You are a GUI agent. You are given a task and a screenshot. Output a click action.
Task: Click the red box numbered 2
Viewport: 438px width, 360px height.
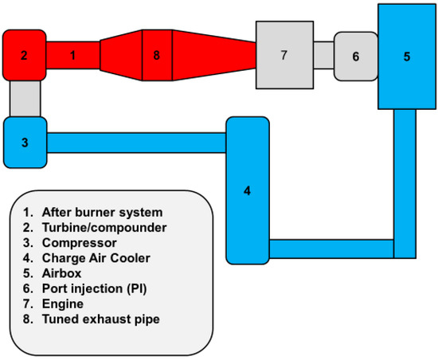[x=24, y=55]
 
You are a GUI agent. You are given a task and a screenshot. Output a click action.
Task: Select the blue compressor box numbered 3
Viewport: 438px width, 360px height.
[x=24, y=143]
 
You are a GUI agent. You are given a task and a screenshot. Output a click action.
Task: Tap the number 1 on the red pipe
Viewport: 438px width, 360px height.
[x=72, y=55]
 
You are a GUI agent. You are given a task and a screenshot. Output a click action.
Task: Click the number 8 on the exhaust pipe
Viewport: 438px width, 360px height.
[x=156, y=55]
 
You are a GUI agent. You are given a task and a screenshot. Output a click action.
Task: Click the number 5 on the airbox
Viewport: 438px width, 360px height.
[x=406, y=57]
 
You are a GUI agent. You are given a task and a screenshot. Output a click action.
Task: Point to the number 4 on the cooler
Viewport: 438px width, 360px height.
[x=248, y=190]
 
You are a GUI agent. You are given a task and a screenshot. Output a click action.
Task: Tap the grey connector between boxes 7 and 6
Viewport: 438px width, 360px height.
[x=323, y=55]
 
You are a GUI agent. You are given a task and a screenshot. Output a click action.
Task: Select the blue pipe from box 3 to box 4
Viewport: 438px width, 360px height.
[x=135, y=143]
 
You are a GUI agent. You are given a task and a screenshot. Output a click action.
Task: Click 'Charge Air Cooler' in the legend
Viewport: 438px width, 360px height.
[x=95, y=257]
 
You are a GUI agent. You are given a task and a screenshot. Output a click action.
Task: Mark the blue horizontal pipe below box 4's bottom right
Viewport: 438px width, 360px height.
[x=330, y=248]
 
